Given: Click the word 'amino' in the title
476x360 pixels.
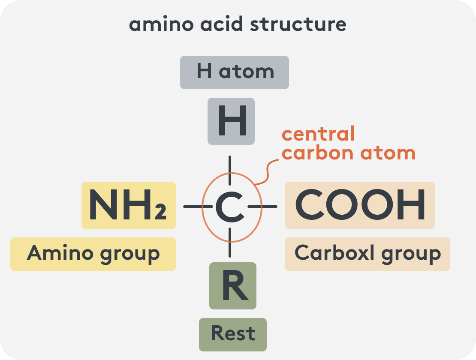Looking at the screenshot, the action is (x=161, y=24).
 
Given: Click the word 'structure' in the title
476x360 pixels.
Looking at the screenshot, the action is (x=298, y=24).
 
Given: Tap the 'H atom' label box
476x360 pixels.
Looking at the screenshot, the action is (x=235, y=72).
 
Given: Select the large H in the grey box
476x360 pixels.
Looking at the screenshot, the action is (x=232, y=121).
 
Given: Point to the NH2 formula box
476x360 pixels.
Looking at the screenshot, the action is (x=129, y=205).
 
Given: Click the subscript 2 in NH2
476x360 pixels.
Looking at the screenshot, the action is (x=160, y=212).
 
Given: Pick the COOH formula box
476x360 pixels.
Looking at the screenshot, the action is (x=360, y=205).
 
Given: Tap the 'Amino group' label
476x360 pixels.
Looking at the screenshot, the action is (x=93, y=254).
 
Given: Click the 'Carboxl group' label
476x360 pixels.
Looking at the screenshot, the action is (x=368, y=254).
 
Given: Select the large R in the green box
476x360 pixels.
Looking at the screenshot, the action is (x=235, y=285).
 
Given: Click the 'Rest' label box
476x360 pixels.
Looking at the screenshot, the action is (x=233, y=335).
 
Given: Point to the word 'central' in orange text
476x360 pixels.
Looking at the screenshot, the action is (x=318, y=134).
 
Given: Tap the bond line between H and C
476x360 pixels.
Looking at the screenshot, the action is (x=230, y=171).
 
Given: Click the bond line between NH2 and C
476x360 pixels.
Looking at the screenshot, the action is (x=198, y=207).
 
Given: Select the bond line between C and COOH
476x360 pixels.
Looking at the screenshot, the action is (x=262, y=207).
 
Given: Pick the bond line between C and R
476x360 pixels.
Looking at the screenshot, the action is (x=230, y=243).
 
